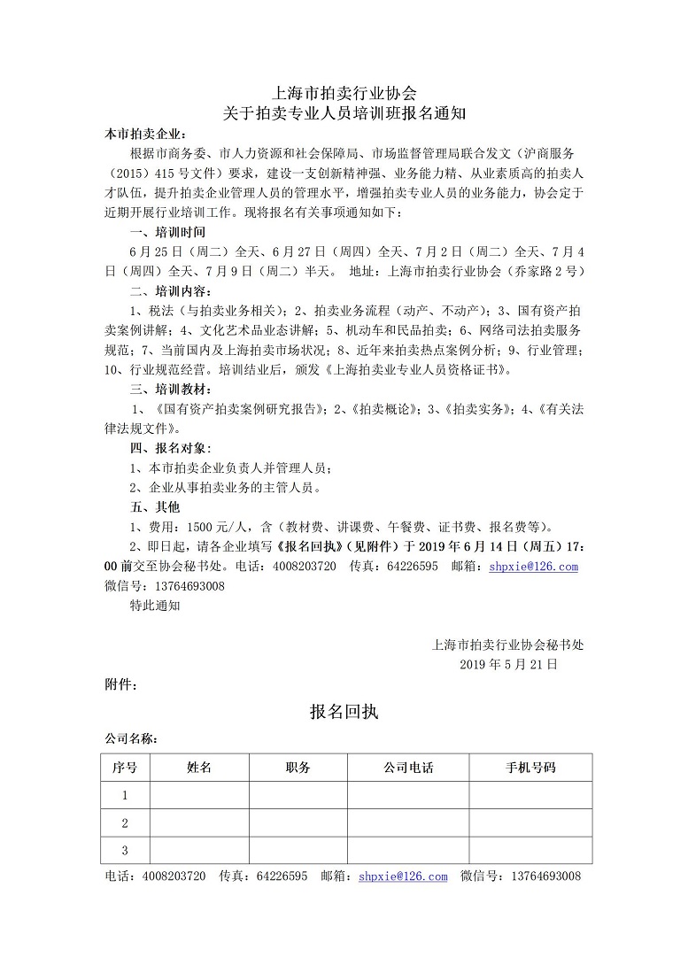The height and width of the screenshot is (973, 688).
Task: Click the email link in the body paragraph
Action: click(532, 567)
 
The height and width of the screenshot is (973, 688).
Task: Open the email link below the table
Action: click(403, 876)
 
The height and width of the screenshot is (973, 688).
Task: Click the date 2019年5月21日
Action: click(508, 663)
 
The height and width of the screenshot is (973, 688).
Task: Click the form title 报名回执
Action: click(344, 711)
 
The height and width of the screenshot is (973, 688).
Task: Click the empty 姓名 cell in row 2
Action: click(199, 823)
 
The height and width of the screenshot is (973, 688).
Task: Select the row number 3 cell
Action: click(125, 851)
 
